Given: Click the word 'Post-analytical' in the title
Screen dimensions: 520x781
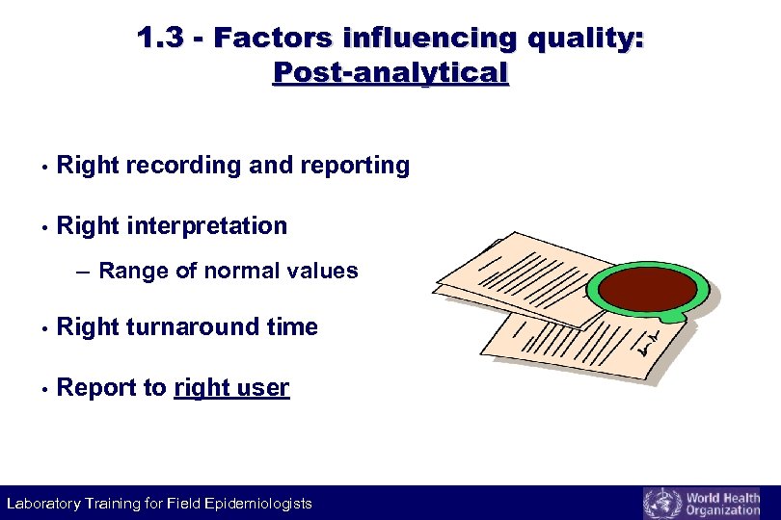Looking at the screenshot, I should pyautogui.click(x=390, y=72).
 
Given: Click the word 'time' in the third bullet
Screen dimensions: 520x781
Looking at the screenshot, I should pyautogui.click(x=292, y=327).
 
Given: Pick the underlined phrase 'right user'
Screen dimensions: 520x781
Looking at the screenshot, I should pyautogui.click(x=231, y=388).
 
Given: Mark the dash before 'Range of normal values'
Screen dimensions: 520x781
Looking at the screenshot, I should pyautogui.click(x=82, y=272).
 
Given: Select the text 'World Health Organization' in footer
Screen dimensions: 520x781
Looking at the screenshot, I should pyautogui.click(x=722, y=504).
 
